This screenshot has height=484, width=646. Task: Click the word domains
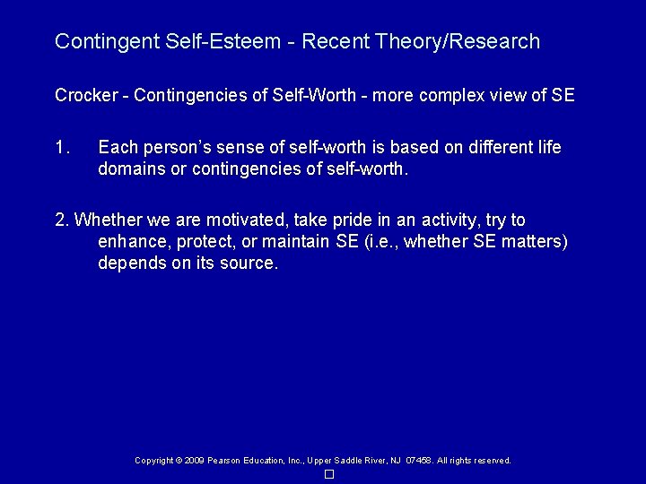130,167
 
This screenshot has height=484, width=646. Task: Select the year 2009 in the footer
193,461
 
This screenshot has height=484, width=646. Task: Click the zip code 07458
419,461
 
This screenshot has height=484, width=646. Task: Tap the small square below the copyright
329,474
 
